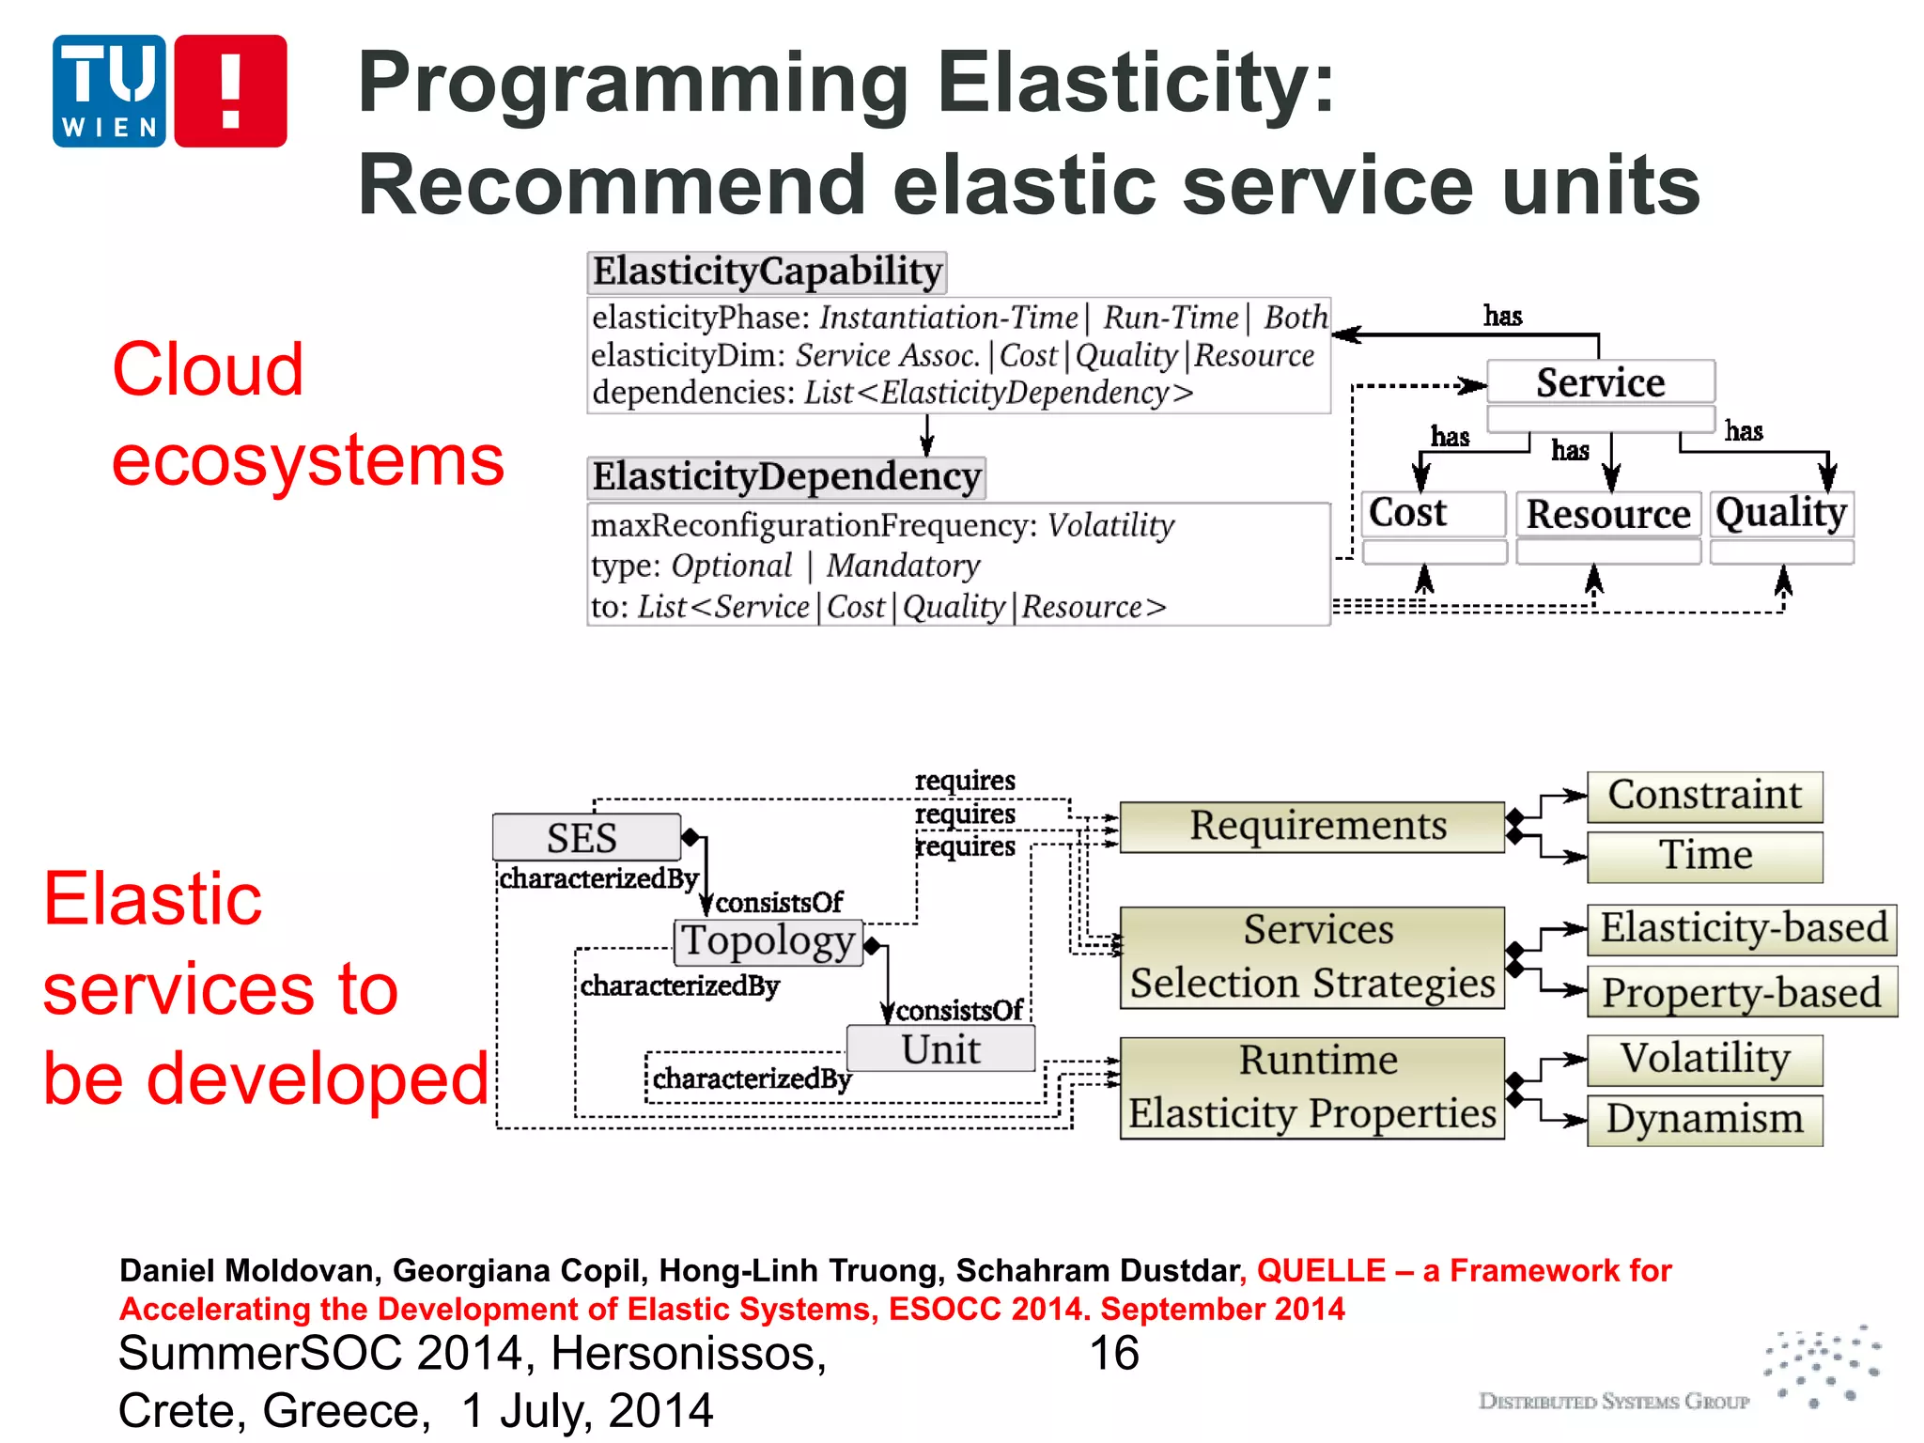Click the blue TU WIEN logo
(109, 91)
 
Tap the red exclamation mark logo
(230, 91)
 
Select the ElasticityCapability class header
(767, 272)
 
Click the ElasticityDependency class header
(786, 477)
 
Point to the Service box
(1600, 382)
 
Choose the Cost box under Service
(1433, 514)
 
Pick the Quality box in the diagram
(1781, 514)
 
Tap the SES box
(585, 837)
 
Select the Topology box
(768, 941)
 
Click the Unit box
(940, 1048)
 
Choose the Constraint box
(1704, 796)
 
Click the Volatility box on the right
(1704, 1060)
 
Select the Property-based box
(1741, 992)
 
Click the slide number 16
(1113, 1354)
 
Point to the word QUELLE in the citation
(1321, 1270)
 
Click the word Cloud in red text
(208, 369)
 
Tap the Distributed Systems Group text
(1613, 1402)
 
